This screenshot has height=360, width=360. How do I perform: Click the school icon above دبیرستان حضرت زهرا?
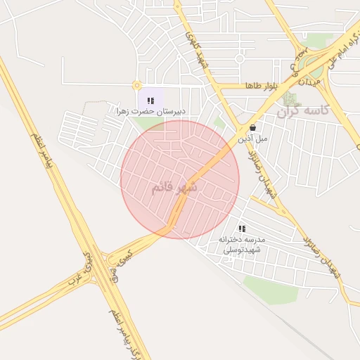tap(150, 101)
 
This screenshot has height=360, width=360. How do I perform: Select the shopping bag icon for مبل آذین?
tap(252, 128)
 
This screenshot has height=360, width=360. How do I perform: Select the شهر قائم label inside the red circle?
tap(174, 187)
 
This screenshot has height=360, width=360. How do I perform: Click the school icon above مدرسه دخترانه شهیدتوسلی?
tap(242, 229)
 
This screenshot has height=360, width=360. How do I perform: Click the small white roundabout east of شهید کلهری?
tap(239, 59)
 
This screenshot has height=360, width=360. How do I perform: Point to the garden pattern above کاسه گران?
tap(290, 98)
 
